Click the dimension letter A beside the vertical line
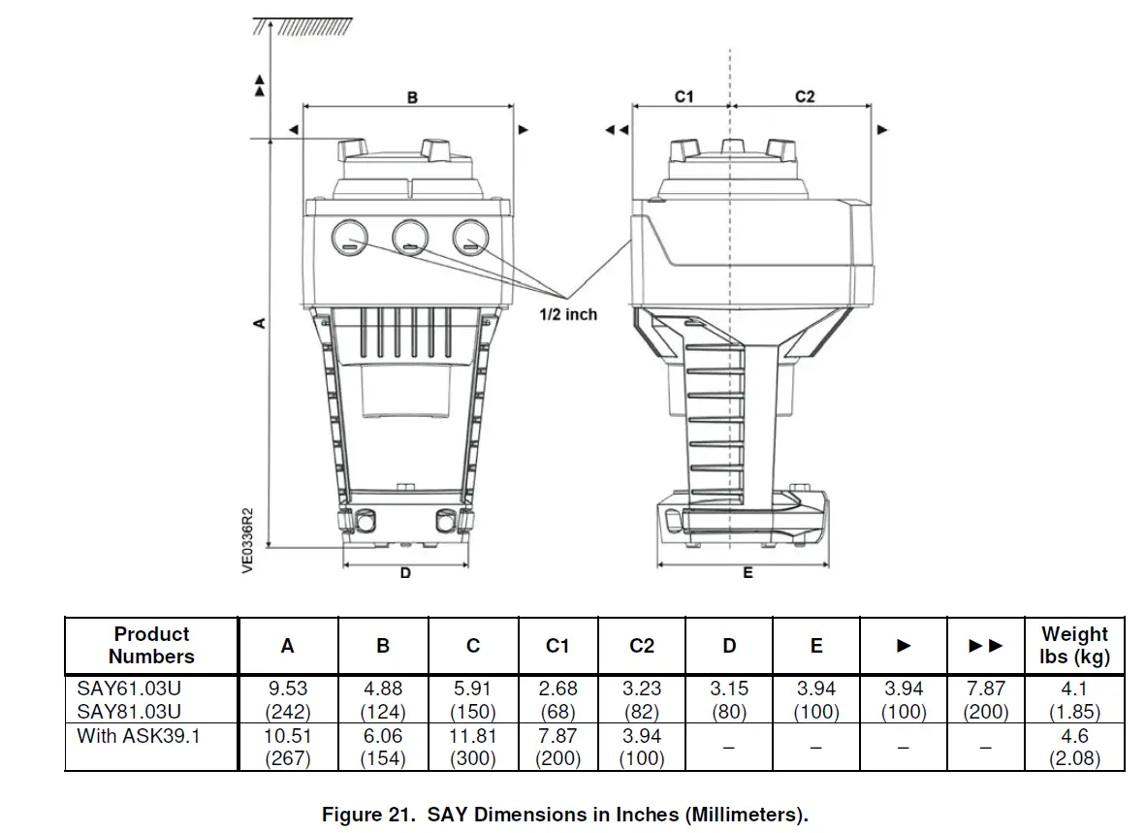259,323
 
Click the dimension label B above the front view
412,97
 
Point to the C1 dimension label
684,96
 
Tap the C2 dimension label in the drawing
805,96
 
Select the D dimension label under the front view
405,573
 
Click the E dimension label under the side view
748,573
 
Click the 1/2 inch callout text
568,314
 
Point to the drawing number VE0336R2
247,539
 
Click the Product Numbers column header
151,645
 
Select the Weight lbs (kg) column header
1074,645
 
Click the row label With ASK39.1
140,735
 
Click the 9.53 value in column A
287,689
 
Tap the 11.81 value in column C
472,735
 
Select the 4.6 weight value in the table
1075,735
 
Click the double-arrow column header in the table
985,646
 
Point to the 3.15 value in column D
728,689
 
